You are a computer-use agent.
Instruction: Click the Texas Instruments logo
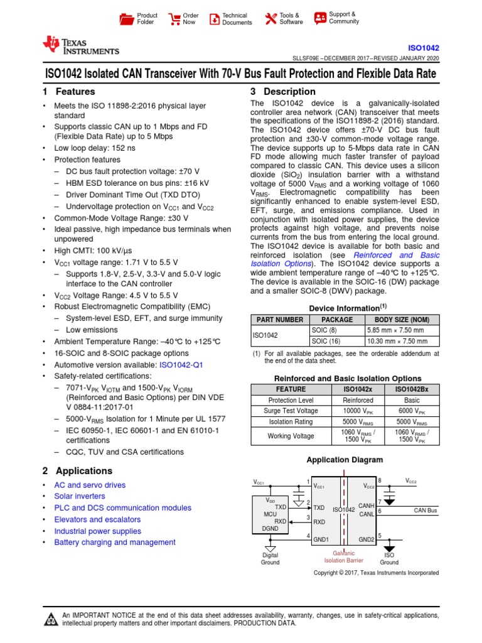point(80,45)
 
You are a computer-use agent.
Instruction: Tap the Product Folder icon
point(127,19)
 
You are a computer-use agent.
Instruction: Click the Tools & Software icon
point(270,19)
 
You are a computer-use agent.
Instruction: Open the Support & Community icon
point(320,18)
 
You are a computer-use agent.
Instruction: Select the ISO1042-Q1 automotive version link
point(182,364)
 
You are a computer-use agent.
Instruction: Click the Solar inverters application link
point(80,497)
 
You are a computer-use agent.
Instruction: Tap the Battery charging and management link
point(115,543)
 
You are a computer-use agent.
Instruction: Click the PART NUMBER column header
point(279,320)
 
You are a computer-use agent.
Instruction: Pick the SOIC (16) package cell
point(324,341)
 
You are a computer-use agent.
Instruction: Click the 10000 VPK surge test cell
point(358,411)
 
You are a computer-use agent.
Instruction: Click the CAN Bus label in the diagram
point(425,511)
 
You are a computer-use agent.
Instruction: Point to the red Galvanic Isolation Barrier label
point(343,556)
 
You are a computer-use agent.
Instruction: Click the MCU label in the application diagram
point(269,514)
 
